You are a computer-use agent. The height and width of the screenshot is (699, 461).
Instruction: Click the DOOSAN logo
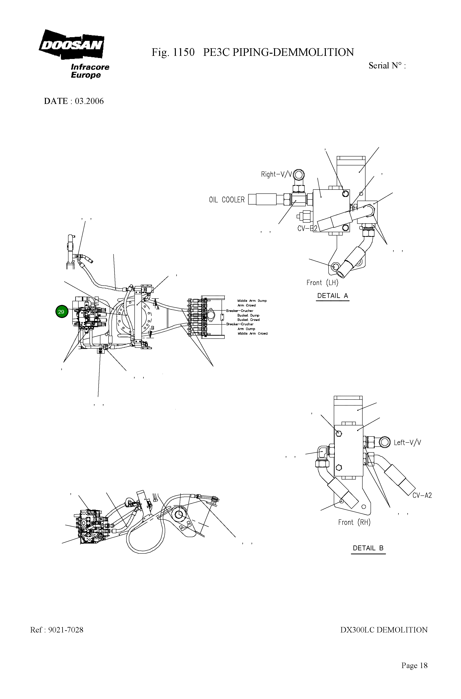[x=71, y=45]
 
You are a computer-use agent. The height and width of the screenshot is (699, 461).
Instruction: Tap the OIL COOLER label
[x=226, y=200]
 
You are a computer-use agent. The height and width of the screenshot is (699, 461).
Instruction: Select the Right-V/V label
[x=276, y=174]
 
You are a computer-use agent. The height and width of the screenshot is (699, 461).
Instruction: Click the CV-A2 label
[x=422, y=495]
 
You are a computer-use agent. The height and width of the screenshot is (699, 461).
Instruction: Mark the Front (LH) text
[x=322, y=283]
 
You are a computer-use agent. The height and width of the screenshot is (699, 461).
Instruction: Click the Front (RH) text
[x=354, y=522]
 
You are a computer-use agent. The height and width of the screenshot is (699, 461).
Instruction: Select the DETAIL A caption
[x=332, y=296]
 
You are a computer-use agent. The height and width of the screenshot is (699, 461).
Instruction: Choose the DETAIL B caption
[x=368, y=548]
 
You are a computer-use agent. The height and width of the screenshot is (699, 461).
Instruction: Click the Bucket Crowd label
[x=248, y=320]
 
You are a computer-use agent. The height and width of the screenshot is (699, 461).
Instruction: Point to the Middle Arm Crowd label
[x=252, y=334]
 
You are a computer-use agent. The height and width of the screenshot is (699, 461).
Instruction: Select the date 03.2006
[x=89, y=101]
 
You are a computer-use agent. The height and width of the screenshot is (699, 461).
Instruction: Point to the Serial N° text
[x=387, y=66]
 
